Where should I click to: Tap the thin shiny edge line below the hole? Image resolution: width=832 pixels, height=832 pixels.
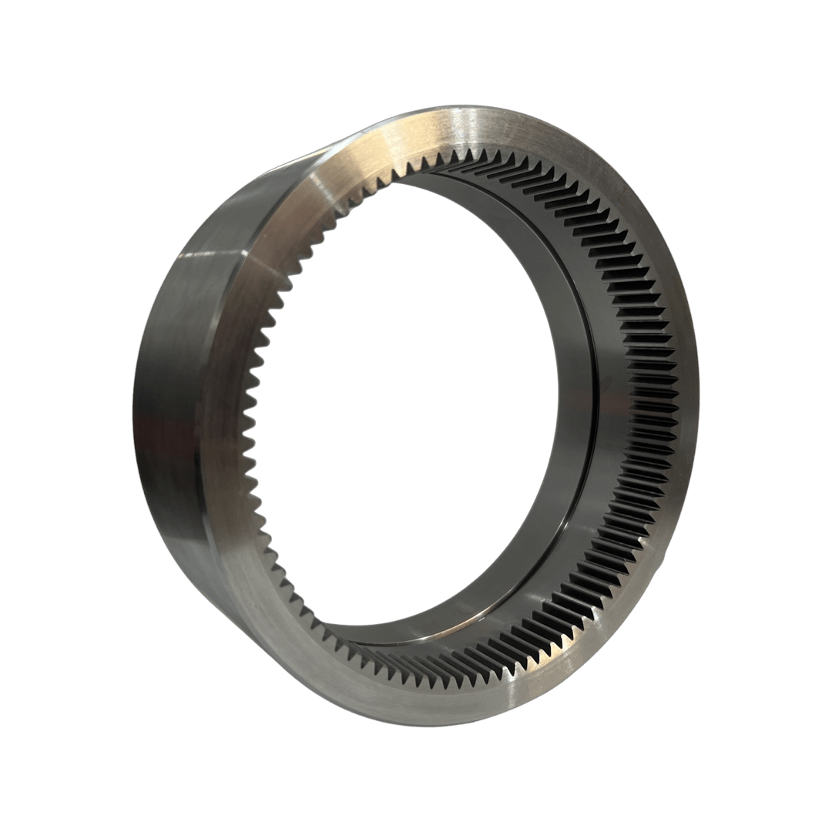[431, 639]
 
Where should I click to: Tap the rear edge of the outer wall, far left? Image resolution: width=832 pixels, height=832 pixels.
[136, 401]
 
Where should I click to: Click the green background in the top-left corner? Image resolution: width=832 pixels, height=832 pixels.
[46, 46]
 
